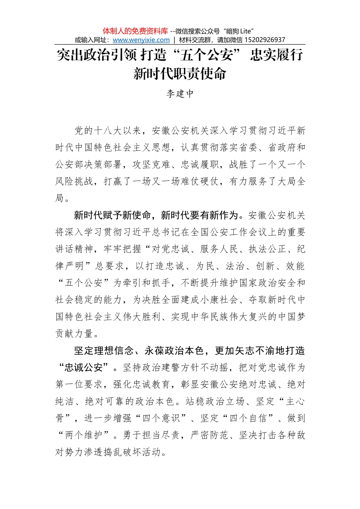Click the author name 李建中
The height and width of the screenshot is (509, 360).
tap(180, 94)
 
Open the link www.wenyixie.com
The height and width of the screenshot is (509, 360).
tap(141, 40)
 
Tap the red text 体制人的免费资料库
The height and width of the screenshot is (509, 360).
tap(135, 31)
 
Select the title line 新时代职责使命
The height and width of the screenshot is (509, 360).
tap(180, 73)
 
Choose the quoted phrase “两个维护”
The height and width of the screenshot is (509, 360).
tap(84, 435)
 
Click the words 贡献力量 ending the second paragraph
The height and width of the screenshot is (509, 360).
tap(74, 334)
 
